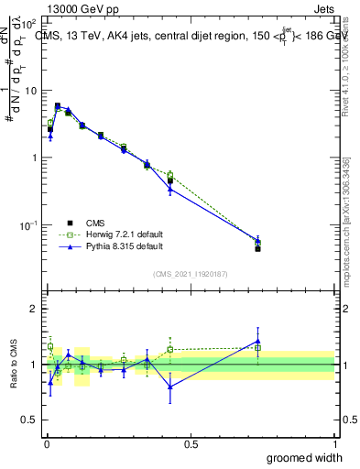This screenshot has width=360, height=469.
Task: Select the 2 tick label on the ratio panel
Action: tap(35, 309)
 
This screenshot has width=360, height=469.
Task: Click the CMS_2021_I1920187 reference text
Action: tap(191, 273)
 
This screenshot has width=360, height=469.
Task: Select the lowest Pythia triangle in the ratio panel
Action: tap(170, 386)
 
